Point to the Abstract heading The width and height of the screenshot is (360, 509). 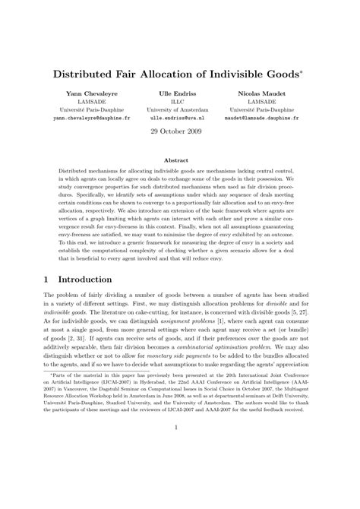(x=179, y=160)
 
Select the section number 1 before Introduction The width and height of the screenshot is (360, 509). (x=47, y=279)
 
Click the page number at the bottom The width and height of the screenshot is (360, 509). (x=180, y=470)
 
